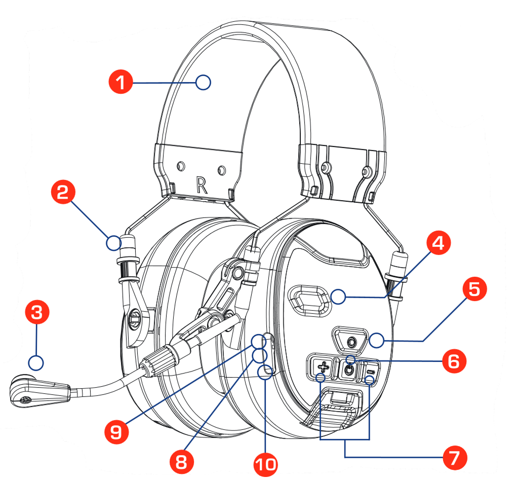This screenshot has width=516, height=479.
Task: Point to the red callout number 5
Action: pos(474,290)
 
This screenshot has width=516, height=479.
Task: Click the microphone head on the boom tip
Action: pos(25,391)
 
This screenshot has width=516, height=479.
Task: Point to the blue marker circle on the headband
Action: pos(203,82)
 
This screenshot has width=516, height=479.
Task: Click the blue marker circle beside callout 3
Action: pos(36,363)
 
